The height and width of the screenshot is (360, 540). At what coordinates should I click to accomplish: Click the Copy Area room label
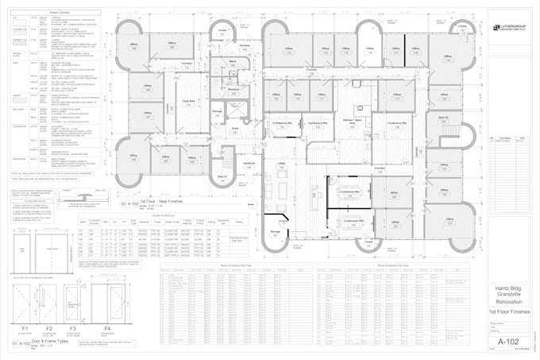[189, 102]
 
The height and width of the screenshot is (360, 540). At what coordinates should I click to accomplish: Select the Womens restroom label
[234, 89]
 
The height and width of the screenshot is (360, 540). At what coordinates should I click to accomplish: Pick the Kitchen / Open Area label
[346, 122]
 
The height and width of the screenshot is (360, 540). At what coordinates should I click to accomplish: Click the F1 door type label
[25, 327]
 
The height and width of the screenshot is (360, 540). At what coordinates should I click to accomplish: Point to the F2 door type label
[49, 327]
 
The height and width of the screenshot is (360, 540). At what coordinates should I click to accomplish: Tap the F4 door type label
[106, 327]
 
